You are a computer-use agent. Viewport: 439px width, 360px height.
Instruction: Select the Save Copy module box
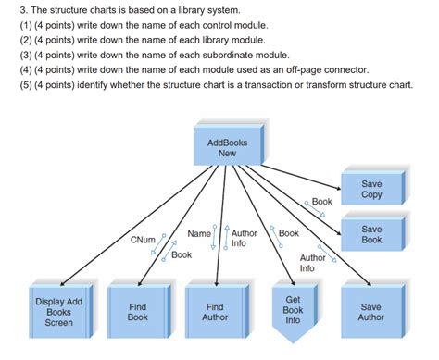point(371,189)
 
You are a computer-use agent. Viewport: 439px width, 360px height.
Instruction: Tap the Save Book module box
point(371,234)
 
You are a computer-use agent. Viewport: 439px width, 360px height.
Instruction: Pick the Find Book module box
point(137,311)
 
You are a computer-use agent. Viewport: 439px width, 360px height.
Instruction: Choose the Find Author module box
point(215,311)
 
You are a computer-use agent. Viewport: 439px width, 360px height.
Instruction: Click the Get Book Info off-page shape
point(293,310)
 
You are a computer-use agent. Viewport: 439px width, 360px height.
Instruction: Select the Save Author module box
point(370,311)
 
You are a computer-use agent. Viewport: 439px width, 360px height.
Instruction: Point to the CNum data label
point(144,241)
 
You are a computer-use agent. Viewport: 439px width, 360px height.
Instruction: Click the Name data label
point(198,233)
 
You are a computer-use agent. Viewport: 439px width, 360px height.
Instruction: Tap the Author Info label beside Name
point(245,239)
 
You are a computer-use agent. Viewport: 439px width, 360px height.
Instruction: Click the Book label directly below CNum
point(182,254)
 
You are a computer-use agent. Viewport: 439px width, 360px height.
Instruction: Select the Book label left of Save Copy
point(321,201)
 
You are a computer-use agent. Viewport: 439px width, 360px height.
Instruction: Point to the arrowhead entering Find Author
point(216,281)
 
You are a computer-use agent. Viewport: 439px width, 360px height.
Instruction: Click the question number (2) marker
point(12,40)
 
